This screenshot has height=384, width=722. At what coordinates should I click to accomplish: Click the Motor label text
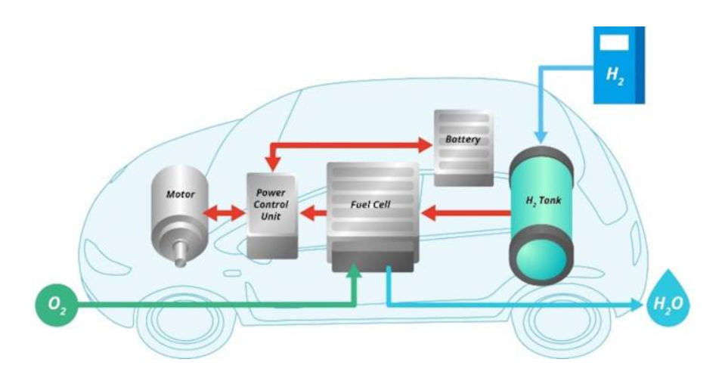180,194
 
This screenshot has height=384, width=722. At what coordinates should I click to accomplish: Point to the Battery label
463,140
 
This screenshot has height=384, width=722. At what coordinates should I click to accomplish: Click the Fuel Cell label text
370,204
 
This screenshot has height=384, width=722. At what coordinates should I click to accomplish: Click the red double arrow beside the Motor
225,214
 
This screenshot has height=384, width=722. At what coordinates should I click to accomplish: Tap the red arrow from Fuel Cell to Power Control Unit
313,214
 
